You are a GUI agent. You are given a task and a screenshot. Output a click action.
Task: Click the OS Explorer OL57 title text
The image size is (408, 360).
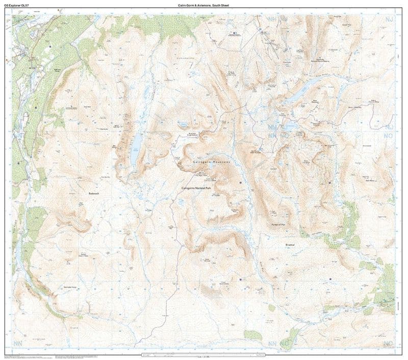coord(17,5)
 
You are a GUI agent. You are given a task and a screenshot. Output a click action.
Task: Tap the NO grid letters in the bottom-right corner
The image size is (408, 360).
coord(390,342)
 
